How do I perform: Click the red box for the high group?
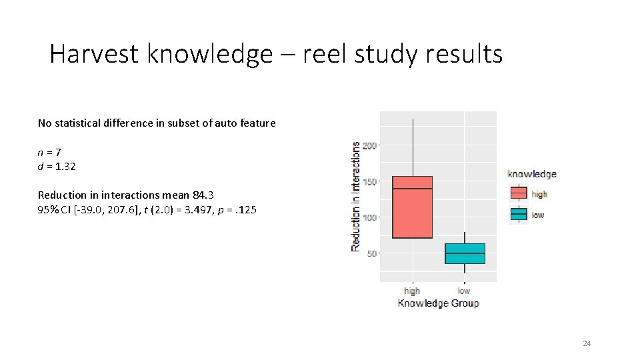(x=412, y=207)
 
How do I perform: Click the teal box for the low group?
(x=465, y=253)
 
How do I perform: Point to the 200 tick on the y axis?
(x=369, y=145)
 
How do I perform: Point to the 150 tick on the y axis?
(x=369, y=181)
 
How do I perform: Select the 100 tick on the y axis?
(x=369, y=217)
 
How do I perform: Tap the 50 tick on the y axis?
(x=371, y=253)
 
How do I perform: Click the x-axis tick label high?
(x=412, y=291)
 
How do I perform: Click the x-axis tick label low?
(x=464, y=291)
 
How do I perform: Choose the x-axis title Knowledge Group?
(x=438, y=303)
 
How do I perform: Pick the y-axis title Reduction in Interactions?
(x=355, y=196)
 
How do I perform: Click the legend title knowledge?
(x=532, y=174)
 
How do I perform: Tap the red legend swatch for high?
(x=519, y=193)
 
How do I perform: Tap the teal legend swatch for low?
(x=519, y=214)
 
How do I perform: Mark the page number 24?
(x=587, y=343)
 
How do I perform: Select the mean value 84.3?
(x=204, y=195)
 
